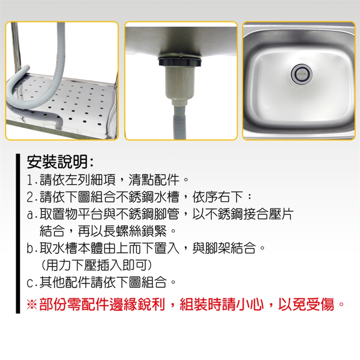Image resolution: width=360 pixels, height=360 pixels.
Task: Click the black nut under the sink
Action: click(180, 61)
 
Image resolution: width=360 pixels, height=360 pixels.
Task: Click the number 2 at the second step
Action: click(31, 197)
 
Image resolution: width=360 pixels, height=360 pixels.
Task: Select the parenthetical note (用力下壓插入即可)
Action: click(96, 265)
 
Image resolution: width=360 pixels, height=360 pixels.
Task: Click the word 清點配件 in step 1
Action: click(154, 180)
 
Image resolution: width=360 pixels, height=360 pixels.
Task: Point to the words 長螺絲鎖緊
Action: click(135, 231)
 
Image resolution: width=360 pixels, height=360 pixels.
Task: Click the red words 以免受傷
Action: click(306, 304)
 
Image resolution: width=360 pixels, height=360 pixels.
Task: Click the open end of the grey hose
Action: click(27, 67)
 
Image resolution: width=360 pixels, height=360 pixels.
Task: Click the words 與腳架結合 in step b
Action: click(224, 248)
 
